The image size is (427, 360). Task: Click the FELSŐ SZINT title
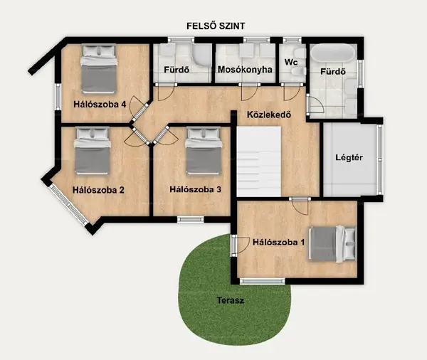point(216,26)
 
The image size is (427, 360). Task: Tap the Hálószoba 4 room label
point(100,105)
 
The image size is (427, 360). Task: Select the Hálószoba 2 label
point(98,190)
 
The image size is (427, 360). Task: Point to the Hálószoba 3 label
point(195,189)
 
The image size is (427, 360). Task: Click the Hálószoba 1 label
point(278,242)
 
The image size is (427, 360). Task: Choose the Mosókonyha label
point(245,70)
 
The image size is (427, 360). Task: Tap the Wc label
point(291,62)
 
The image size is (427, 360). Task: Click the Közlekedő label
point(269,115)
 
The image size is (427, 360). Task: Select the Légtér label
point(349,157)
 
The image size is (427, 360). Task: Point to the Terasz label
point(231,300)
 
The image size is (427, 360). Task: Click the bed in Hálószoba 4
point(100,69)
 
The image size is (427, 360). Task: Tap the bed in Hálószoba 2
point(93,152)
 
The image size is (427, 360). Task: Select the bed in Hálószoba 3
point(203,152)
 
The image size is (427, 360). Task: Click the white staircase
point(259,162)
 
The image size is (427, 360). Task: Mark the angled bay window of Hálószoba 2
point(68,204)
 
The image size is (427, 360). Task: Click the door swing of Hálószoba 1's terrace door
point(241,245)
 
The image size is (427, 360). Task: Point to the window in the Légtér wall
point(380,159)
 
